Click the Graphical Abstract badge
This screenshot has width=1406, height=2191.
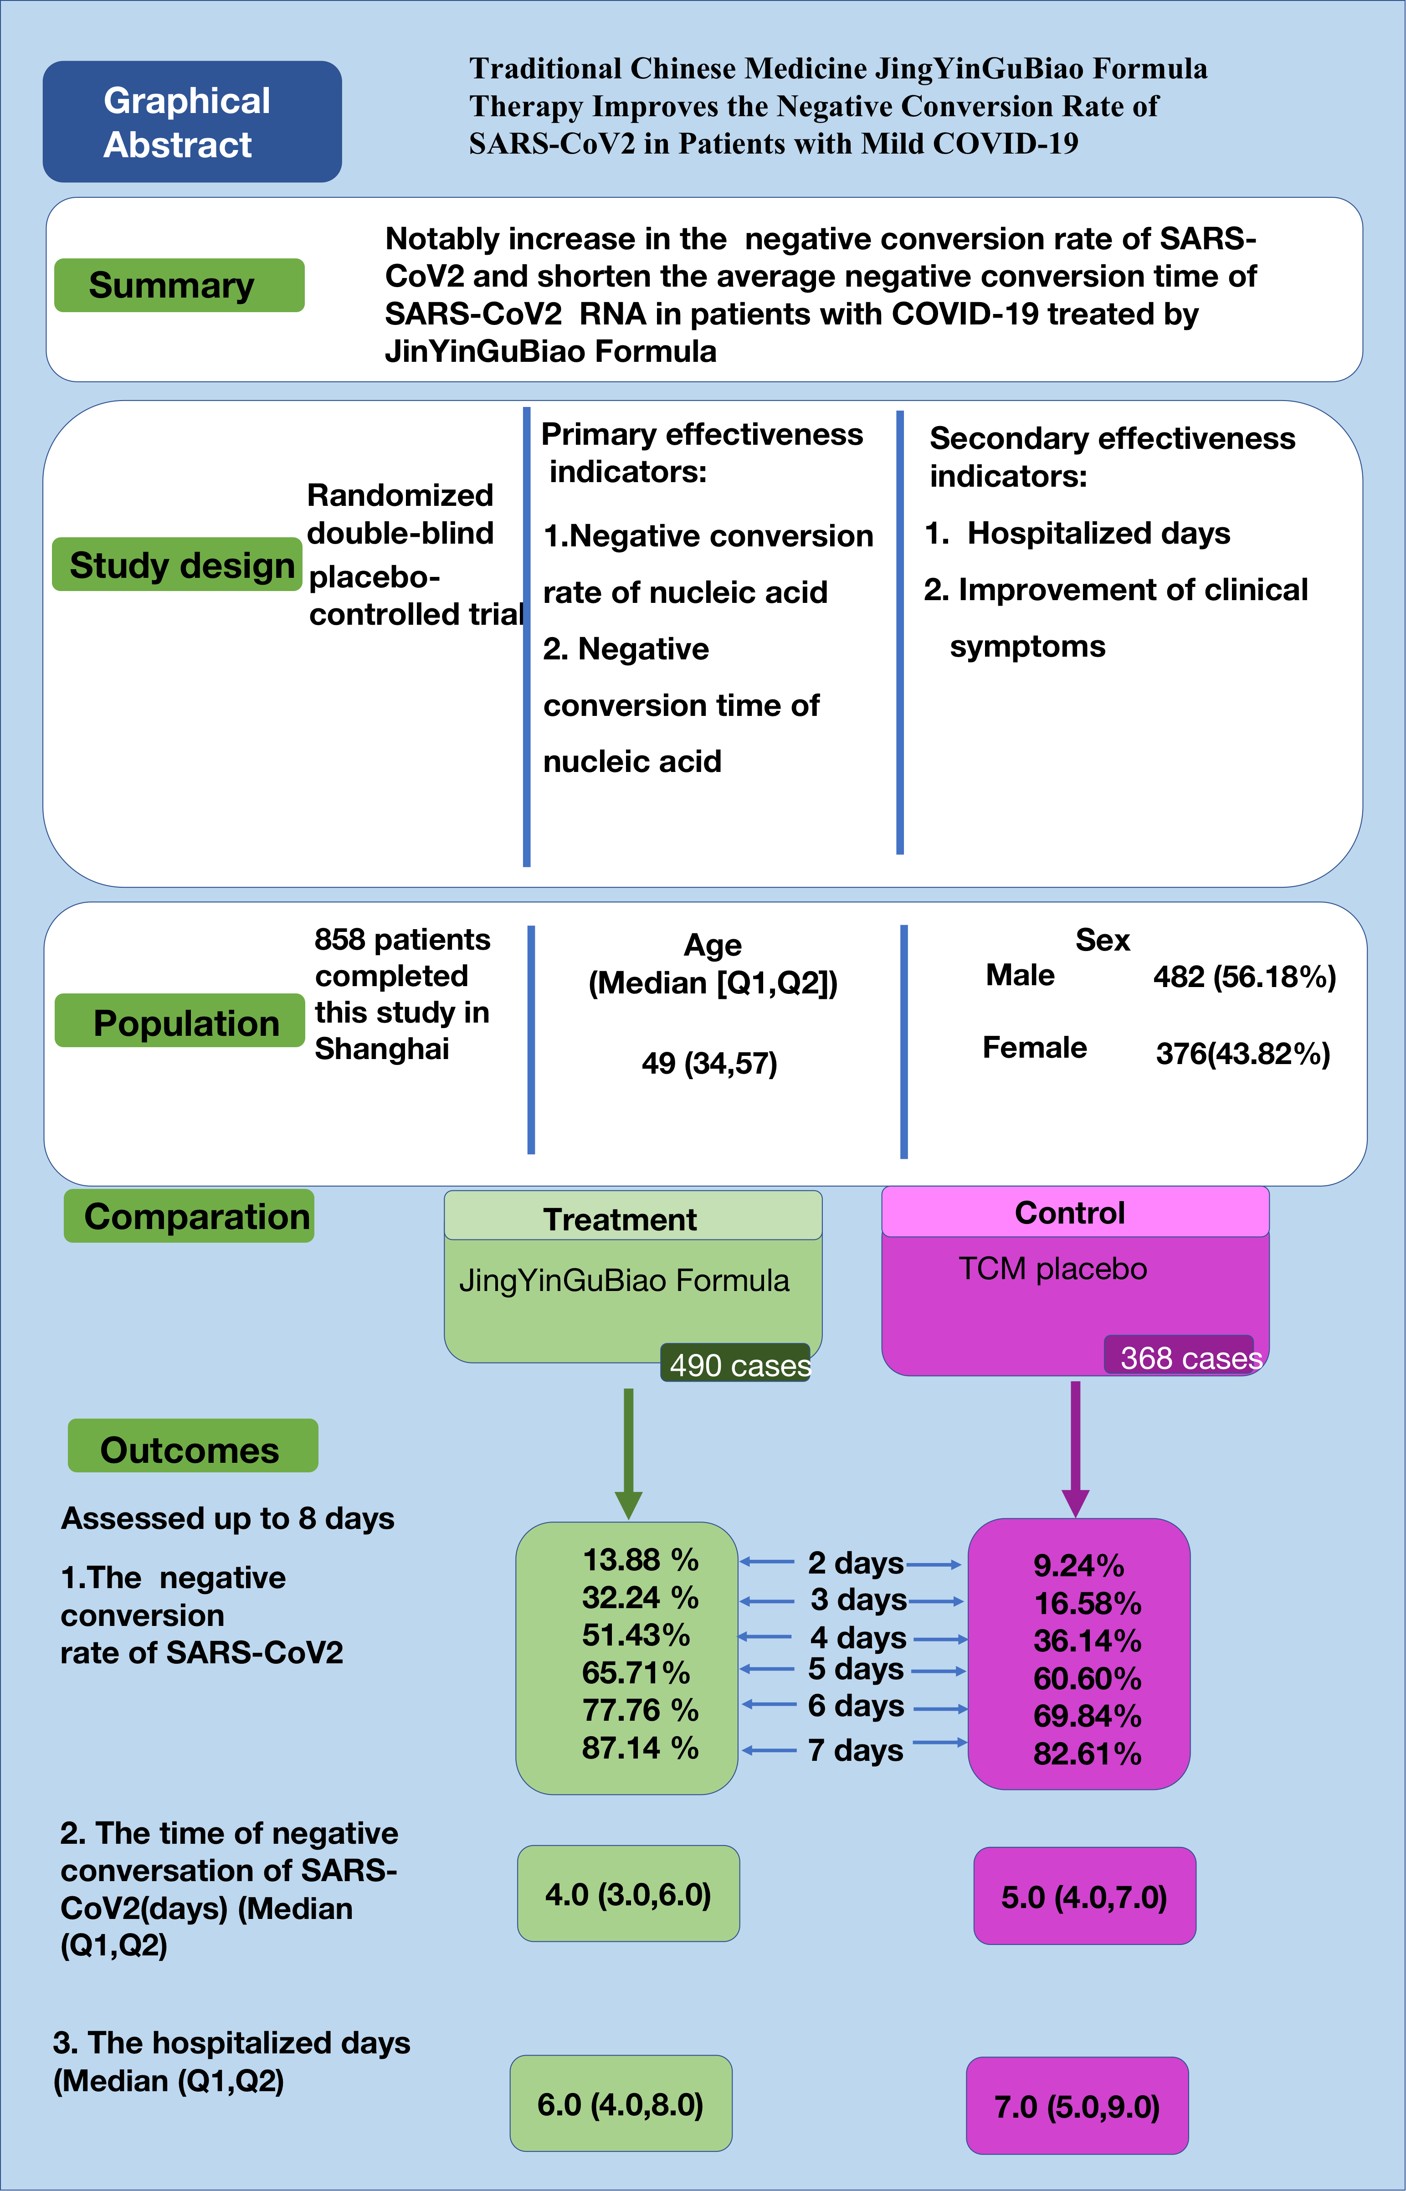tap(192, 121)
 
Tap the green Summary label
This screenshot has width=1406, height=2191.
tap(179, 285)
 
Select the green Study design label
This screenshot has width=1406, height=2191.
tap(177, 564)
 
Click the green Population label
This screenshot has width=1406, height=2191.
tap(180, 1021)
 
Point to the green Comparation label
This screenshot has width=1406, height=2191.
tap(189, 1216)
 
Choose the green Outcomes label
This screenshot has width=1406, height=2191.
tap(193, 1445)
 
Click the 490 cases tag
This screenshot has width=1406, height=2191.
tap(736, 1363)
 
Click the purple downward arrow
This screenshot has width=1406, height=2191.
tap(1076, 1447)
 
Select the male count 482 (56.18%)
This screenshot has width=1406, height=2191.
tap(1243, 977)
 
